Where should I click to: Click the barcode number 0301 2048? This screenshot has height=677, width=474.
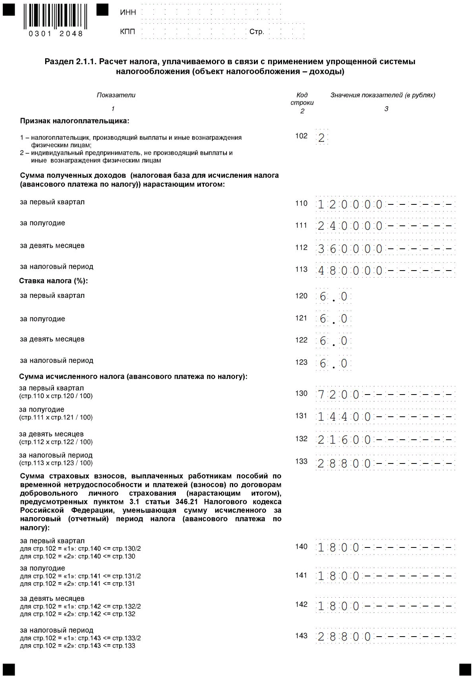pos(55,34)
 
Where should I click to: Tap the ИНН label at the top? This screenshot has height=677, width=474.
pos(128,12)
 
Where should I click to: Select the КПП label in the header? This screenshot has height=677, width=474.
pos(128,31)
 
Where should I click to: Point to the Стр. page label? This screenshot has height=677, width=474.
pos(256,32)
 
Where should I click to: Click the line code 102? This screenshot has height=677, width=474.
pos(301,136)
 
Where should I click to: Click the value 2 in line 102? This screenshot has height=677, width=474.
pos(322,138)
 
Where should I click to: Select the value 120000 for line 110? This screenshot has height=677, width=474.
pos(350,205)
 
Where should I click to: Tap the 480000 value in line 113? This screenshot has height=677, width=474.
pos(350,271)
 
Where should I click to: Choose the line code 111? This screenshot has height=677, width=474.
pos(301,225)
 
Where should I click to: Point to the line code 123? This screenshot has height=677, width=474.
pos(301,362)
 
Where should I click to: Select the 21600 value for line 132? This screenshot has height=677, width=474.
pos(344,440)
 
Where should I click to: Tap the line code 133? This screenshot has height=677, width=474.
pos(301,461)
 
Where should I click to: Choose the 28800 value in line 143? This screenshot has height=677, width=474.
pos(344,637)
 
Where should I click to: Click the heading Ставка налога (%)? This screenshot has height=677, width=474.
pos(53,281)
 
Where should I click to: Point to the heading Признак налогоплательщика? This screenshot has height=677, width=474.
pos(75,121)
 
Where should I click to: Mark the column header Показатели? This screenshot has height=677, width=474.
pos(116,95)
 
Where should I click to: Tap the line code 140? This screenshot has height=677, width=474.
pos(301,547)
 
